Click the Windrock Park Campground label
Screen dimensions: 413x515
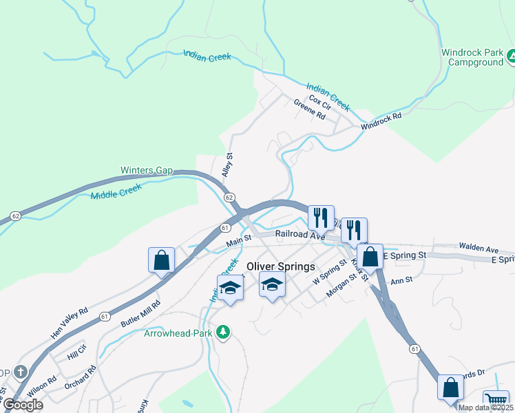[x=472, y=57]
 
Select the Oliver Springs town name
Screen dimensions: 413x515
[x=281, y=266]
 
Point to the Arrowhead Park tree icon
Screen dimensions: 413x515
[x=222, y=333]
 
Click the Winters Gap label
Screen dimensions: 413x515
[x=147, y=170]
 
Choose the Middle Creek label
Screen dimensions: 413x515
[x=116, y=191]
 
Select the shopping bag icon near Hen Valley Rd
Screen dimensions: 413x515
[x=161, y=260]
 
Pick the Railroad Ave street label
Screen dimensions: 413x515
[x=299, y=235]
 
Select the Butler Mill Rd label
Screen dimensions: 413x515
[x=140, y=313]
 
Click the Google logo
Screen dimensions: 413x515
[x=23, y=405]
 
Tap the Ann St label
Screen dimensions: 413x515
[x=401, y=280]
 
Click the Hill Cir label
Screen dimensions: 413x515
[x=77, y=354]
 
